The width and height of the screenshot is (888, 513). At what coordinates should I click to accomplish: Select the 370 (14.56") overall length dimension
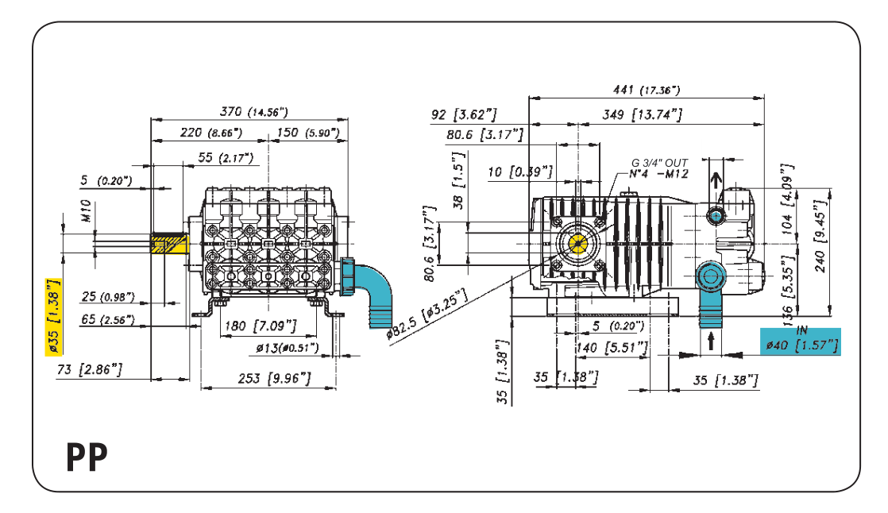[x=253, y=111]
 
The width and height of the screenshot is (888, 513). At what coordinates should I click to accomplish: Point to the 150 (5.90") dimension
[x=307, y=132]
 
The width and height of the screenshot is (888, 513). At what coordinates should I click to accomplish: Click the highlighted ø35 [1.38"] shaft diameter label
[x=53, y=316]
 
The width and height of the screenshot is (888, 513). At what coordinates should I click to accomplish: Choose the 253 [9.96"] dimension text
[x=274, y=379]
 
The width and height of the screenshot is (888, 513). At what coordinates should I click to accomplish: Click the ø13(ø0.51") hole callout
[x=287, y=348]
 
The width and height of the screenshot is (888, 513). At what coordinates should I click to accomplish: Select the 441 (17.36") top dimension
[x=647, y=90]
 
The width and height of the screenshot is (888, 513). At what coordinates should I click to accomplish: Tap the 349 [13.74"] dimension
[x=643, y=114]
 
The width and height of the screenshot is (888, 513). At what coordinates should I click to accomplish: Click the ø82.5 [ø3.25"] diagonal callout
[x=427, y=314]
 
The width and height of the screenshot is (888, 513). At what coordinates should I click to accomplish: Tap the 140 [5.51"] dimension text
[x=619, y=347]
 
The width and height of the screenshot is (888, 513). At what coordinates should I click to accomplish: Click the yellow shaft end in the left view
[x=168, y=243]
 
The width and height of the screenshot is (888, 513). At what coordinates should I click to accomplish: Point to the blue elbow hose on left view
[x=374, y=290]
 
